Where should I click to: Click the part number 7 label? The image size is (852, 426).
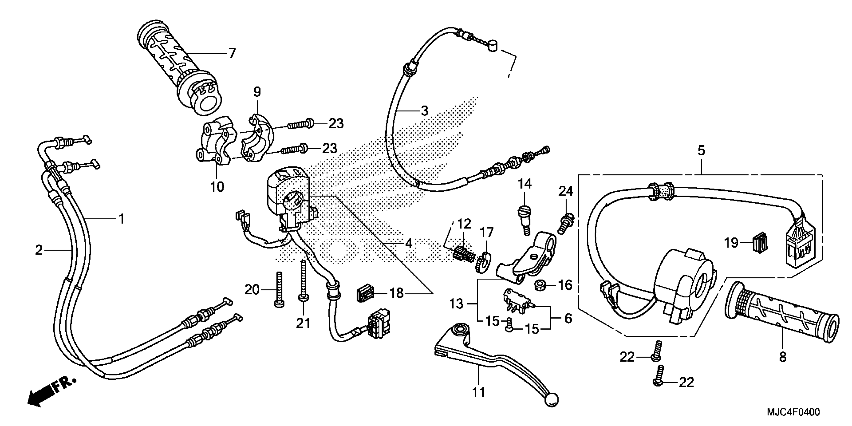point(232,53)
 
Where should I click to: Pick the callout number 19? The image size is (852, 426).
point(732,243)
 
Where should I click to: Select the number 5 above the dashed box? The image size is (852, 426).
point(701,151)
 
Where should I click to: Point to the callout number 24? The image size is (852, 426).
point(566,191)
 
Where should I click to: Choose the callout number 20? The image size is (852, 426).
point(252,290)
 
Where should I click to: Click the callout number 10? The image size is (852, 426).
point(217,187)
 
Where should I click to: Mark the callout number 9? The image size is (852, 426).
point(257,92)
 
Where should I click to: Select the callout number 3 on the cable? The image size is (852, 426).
point(424,111)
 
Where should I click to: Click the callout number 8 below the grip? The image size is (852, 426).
point(783,357)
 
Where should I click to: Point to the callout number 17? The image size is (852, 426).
point(487,233)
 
